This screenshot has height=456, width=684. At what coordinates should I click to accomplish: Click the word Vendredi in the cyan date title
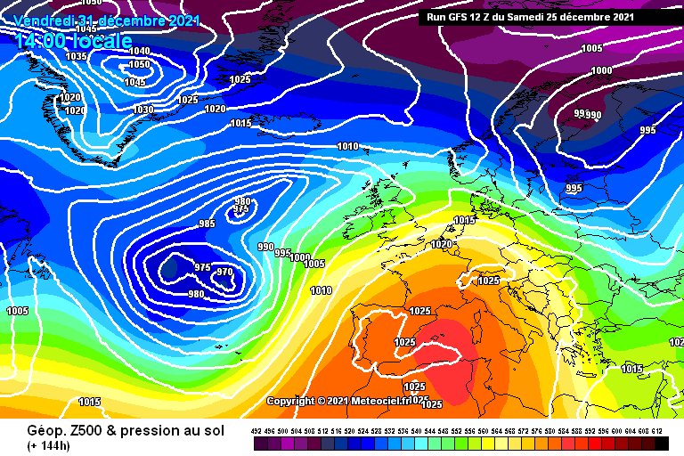pyautogui.click(x=44, y=20)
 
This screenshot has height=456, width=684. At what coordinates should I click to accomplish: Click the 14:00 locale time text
pyautogui.click(x=74, y=40)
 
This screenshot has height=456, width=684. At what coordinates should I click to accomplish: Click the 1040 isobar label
pyautogui.click(x=139, y=52)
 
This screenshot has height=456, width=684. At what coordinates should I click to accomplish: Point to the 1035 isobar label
pyautogui.click(x=77, y=56)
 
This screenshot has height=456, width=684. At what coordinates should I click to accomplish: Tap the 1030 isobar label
pyautogui.click(x=142, y=110)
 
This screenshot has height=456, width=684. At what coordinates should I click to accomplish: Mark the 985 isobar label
pyautogui.click(x=207, y=224)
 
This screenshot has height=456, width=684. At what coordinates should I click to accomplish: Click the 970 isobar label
pyautogui.click(x=224, y=273)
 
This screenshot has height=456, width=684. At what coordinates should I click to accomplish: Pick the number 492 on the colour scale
pyautogui.click(x=256, y=431)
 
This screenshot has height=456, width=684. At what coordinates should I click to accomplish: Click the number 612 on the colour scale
pyautogui.click(x=657, y=431)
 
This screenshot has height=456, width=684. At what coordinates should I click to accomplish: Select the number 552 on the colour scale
pyautogui.click(x=457, y=431)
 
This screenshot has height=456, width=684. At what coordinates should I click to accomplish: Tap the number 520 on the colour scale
pyautogui.click(x=350, y=431)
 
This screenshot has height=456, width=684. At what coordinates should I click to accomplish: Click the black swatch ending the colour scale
pyautogui.click(x=661, y=443)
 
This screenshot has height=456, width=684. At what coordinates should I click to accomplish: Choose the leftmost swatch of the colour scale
pyautogui.click(x=258, y=443)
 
